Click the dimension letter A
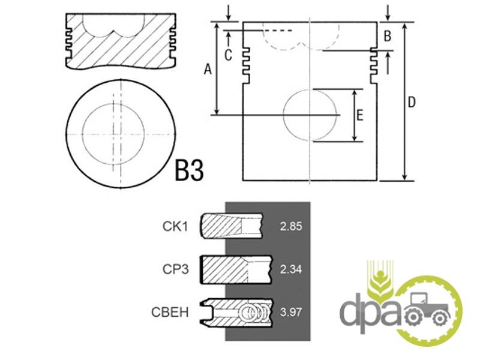208,69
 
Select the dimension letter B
387,36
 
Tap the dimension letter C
228,55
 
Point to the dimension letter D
412,102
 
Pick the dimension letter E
360,115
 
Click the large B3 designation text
189,170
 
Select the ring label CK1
175,226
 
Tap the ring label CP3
175,269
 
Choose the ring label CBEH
170,312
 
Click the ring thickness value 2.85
291,227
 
